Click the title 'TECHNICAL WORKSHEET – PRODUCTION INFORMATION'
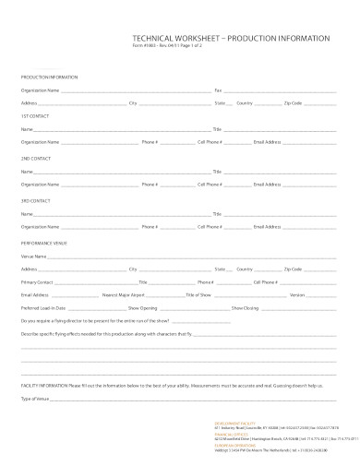coord(231,38)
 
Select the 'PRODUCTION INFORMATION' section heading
coord(50,77)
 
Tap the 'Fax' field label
coord(219,90)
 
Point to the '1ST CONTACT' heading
coord(35,116)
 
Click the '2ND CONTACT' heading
coord(36,158)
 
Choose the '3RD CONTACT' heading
coord(36,199)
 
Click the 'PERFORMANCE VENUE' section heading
coord(44,242)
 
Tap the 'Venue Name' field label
coord(34,255)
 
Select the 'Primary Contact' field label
coord(38,281)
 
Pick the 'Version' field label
coord(297,293)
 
